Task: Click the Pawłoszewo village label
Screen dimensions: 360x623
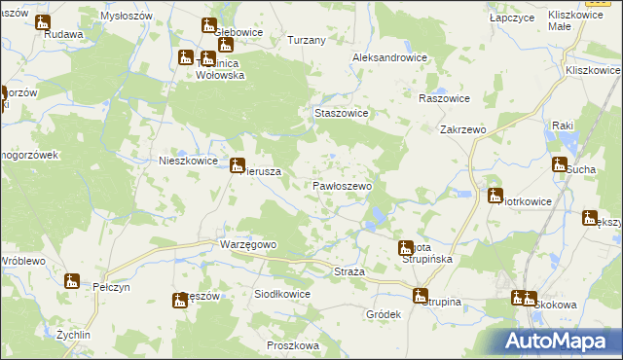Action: (342, 185)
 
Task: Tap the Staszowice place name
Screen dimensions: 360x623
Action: (341, 113)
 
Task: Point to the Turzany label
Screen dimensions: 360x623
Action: (307, 41)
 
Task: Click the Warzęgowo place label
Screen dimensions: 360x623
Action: (249, 244)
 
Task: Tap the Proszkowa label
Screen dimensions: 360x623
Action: (292, 345)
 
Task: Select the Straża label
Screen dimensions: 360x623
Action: (348, 271)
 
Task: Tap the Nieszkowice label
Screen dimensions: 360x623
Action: (186, 162)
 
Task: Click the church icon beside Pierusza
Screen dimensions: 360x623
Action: (237, 165)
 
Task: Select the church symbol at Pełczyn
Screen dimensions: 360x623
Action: (71, 281)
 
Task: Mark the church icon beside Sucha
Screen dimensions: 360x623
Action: (560, 164)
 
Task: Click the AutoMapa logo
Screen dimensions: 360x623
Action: (560, 341)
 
